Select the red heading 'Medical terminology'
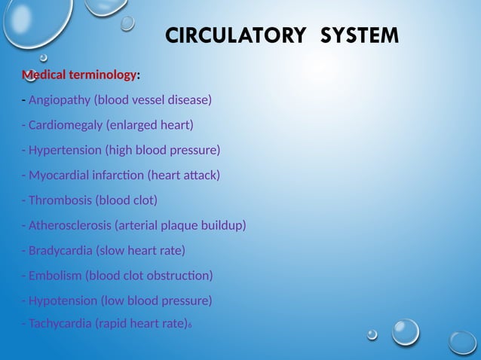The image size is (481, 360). point(80,75)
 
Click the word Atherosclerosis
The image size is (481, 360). point(70,225)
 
